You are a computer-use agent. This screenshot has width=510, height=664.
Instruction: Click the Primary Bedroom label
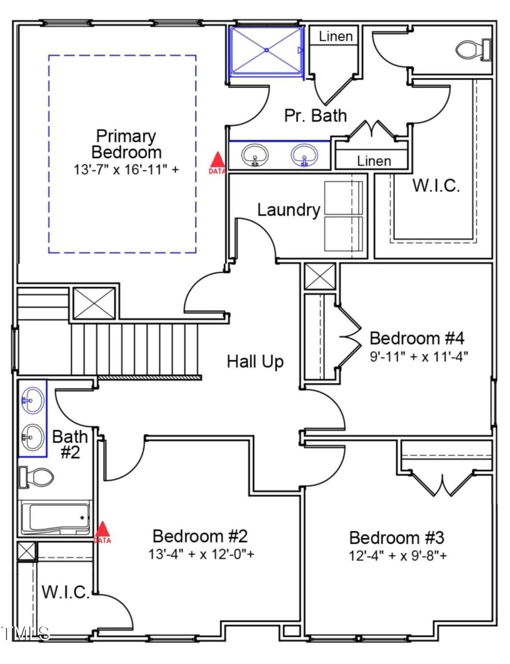pos(126,144)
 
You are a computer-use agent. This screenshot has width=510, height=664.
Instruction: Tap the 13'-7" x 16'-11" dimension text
pos(126,170)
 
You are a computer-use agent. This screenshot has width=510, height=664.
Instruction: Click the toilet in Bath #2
pos(37,477)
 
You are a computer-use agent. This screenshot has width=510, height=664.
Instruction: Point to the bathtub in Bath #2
pos(55,518)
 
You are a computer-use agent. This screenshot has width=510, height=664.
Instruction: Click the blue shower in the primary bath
pos(267,50)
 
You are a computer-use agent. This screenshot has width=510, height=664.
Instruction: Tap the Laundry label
pos(289,210)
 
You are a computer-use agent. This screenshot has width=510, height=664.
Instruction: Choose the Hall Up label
pos(255,362)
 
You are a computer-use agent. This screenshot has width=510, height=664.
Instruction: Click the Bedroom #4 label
pos(417,338)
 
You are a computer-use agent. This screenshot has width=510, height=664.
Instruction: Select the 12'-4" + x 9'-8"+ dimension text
pos(397,555)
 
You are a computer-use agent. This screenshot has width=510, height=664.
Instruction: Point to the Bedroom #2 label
pos(200,536)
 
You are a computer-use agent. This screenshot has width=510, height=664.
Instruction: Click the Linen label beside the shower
pos(336,37)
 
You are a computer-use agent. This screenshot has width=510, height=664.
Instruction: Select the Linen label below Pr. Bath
pos(374,161)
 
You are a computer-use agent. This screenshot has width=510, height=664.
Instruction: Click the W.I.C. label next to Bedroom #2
pos(66,592)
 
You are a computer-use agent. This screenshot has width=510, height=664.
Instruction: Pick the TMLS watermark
pos(26,633)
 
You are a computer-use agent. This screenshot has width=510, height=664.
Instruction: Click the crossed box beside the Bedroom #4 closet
pos(320,276)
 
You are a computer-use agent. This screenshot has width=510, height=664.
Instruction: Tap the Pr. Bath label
pos(315,116)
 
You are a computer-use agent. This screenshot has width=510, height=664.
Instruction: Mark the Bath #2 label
pos(70,444)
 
